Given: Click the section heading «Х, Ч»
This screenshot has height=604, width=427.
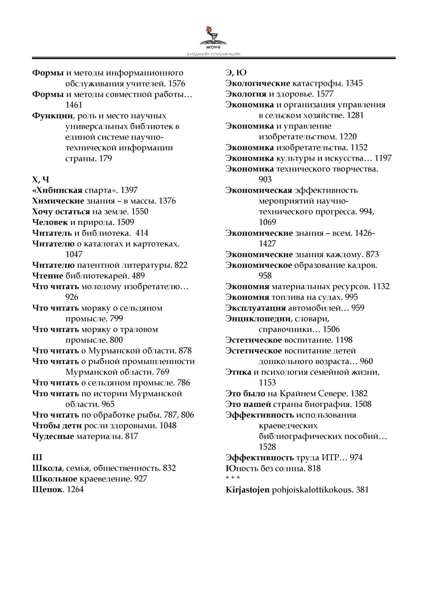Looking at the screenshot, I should coord(41,179).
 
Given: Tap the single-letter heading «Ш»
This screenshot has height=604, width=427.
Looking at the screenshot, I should coord(37,457).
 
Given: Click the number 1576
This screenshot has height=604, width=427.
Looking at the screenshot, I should coord(177,84).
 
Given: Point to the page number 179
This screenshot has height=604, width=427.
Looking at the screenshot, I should coord(105,158).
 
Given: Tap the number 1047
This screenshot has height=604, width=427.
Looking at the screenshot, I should coord(74,255).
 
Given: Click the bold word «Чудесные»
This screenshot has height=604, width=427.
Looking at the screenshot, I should coord(53,436).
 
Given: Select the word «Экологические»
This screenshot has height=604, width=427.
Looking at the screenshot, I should coord(258,84).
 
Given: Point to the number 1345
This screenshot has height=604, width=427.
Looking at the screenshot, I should coord(354,84).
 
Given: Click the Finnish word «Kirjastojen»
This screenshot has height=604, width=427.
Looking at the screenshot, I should coord(248,489).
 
